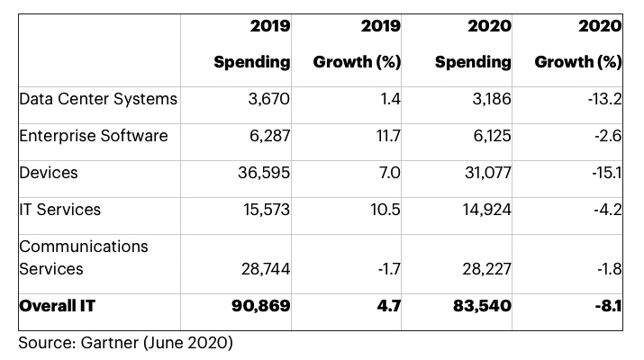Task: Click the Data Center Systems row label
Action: [98, 98]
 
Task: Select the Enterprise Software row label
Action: [94, 135]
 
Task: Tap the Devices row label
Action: [48, 172]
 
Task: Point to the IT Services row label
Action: [59, 209]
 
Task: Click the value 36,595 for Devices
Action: [262, 172]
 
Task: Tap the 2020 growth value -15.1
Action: [606, 172]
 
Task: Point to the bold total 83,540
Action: [481, 306]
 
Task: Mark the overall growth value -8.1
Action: [609, 306]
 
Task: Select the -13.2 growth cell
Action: [604, 98]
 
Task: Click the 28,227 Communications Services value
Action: [483, 269]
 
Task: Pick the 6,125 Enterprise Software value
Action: [488, 135]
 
